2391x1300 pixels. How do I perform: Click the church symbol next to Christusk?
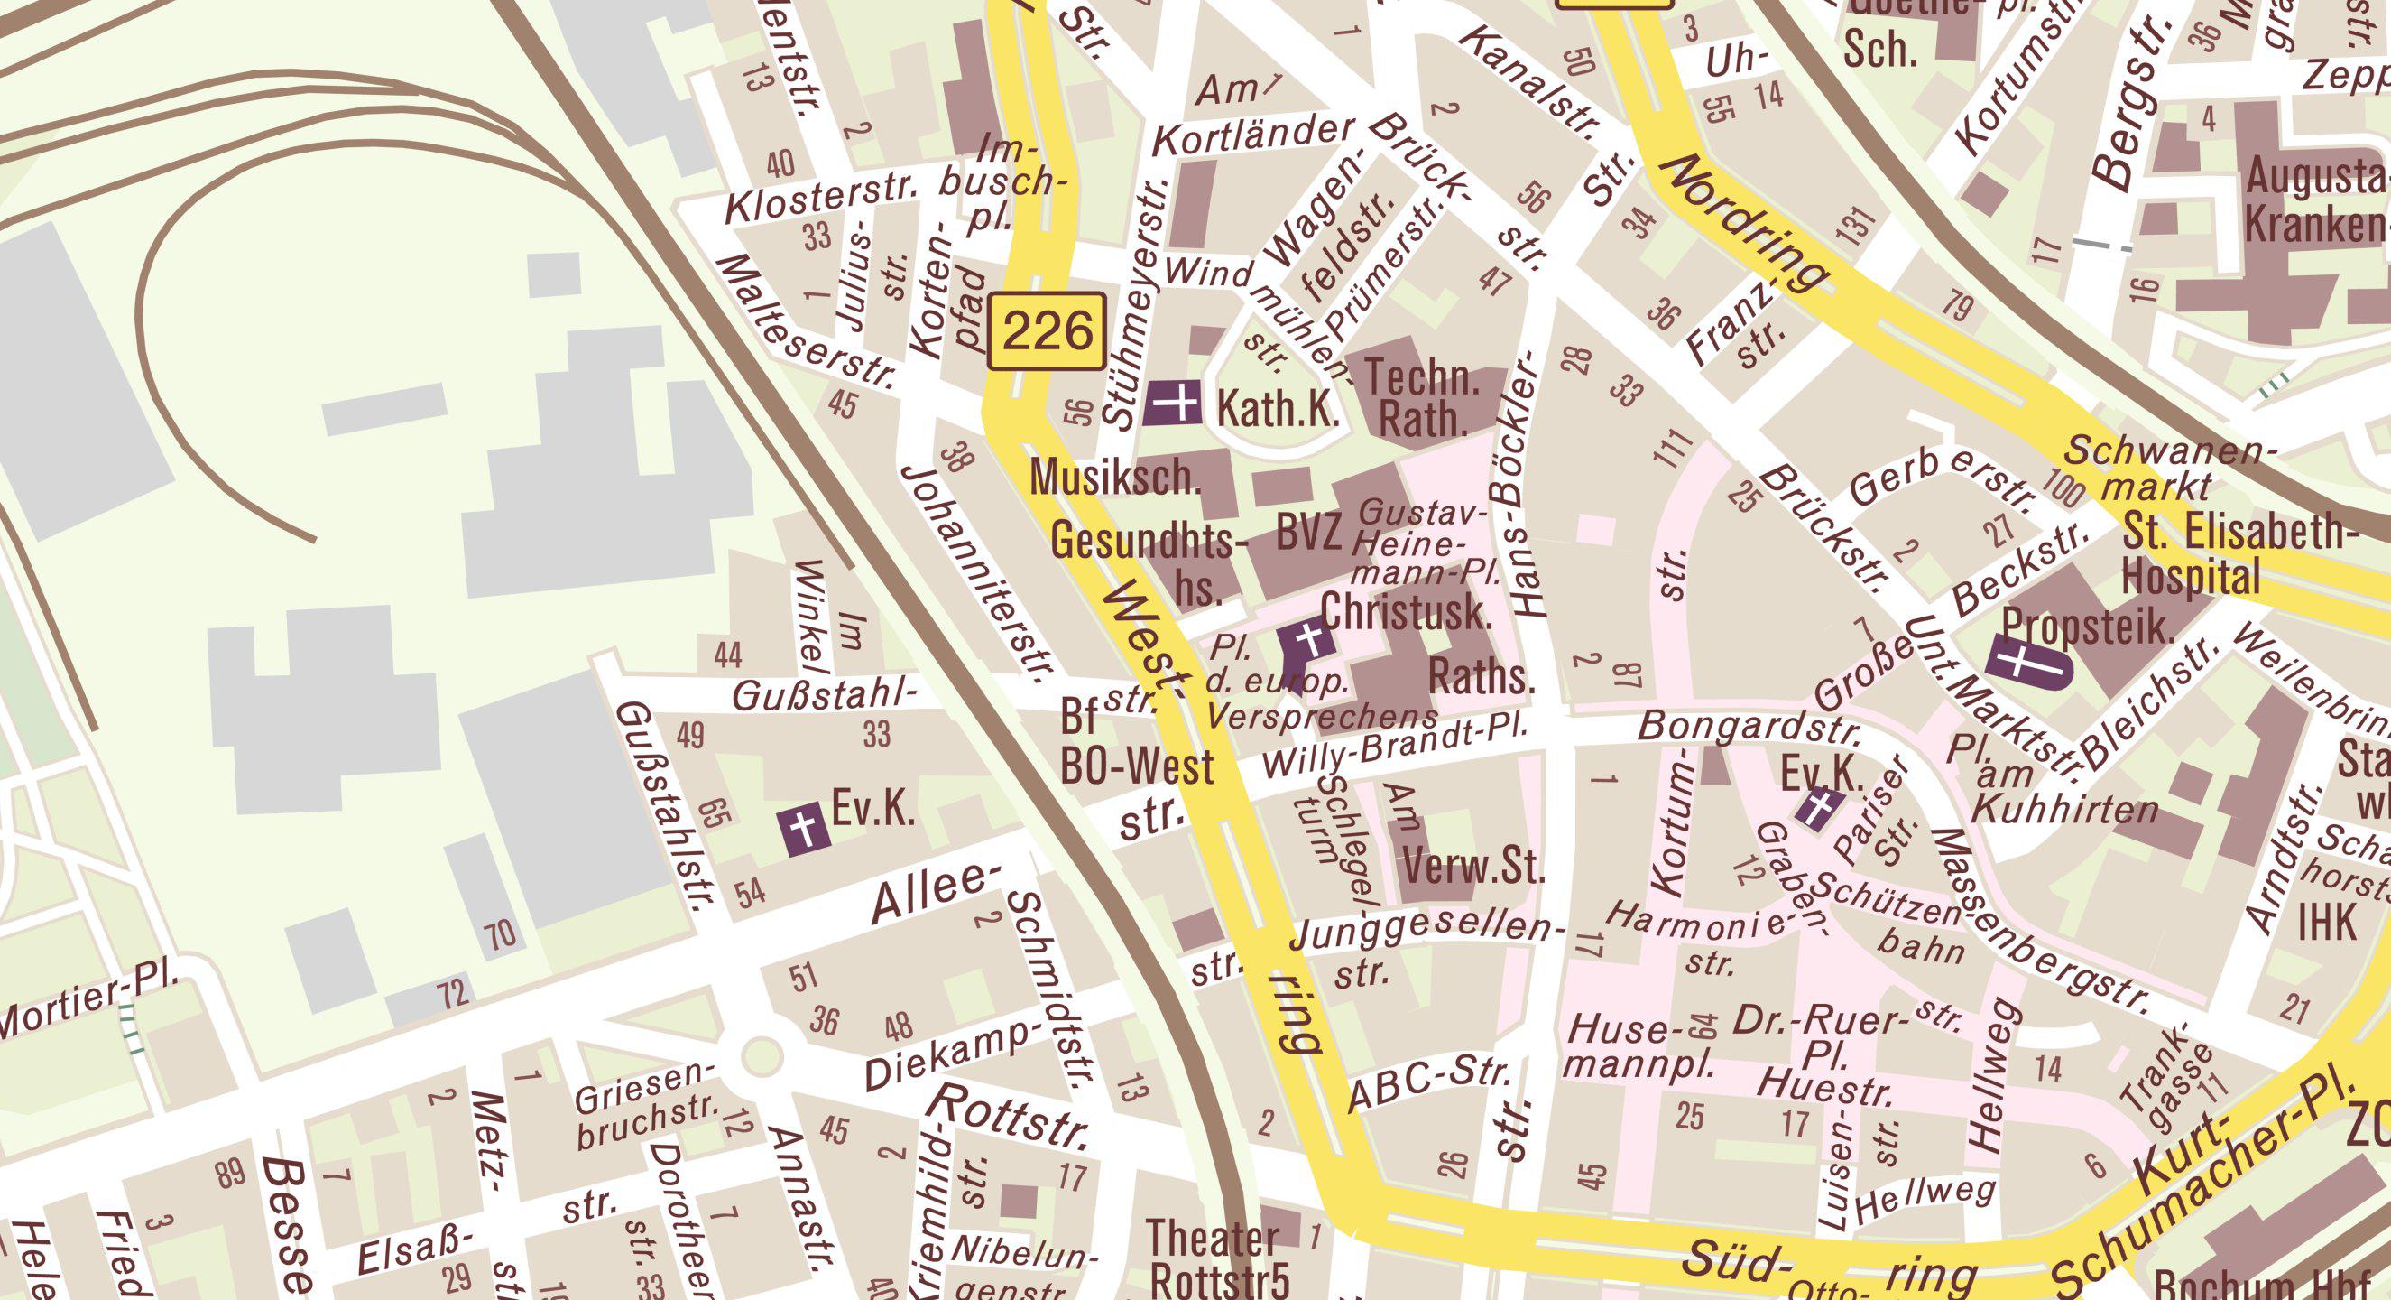pyautogui.click(x=1306, y=645)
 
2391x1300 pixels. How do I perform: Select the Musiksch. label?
pyautogui.click(x=1116, y=478)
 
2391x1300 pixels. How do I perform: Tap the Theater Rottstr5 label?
pyautogui.click(x=1218, y=1260)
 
